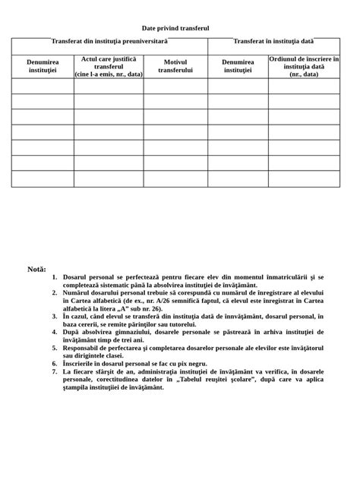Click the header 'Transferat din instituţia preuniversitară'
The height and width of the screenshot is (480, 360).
point(109,40)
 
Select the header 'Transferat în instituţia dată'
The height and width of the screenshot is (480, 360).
point(273,40)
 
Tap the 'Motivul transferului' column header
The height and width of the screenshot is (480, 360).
point(175,66)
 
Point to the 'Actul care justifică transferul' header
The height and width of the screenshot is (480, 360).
point(109,67)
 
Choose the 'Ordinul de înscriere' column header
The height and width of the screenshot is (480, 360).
point(304,67)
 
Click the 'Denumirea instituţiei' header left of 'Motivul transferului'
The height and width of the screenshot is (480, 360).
point(43,66)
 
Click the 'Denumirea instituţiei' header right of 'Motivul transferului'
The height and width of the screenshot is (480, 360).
point(238,66)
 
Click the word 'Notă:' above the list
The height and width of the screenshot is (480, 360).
point(36,269)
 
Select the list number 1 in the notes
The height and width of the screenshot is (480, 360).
point(55,279)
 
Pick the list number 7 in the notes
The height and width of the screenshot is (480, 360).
point(55,371)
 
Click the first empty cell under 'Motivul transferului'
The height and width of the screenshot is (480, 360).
point(175,86)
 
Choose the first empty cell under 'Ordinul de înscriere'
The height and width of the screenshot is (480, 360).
point(304,86)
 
